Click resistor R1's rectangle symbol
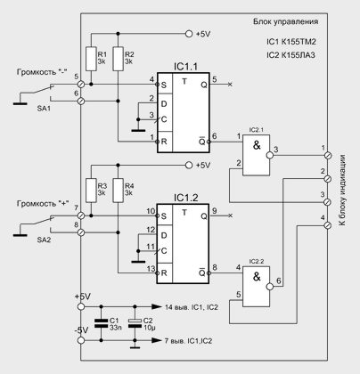click(x=91, y=59)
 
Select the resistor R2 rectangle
click(x=118, y=59)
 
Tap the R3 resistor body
click(x=91, y=191)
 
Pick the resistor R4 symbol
click(x=118, y=191)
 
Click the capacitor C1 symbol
click(x=101, y=323)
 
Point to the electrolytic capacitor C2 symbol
click(x=135, y=323)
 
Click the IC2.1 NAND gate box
click(x=257, y=155)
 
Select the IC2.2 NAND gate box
click(x=257, y=287)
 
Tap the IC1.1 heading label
click(x=185, y=67)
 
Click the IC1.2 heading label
click(x=185, y=198)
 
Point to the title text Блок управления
click(x=285, y=21)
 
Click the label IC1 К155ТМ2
click(x=291, y=42)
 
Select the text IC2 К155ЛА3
click(x=290, y=55)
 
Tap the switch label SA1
click(x=44, y=109)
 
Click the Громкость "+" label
click(x=43, y=204)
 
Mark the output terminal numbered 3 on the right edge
click(x=327, y=202)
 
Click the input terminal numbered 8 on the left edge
click(x=80, y=232)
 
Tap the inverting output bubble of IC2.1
click(x=270, y=155)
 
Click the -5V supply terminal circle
click(x=80, y=340)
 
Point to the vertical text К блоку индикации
click(x=343, y=190)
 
